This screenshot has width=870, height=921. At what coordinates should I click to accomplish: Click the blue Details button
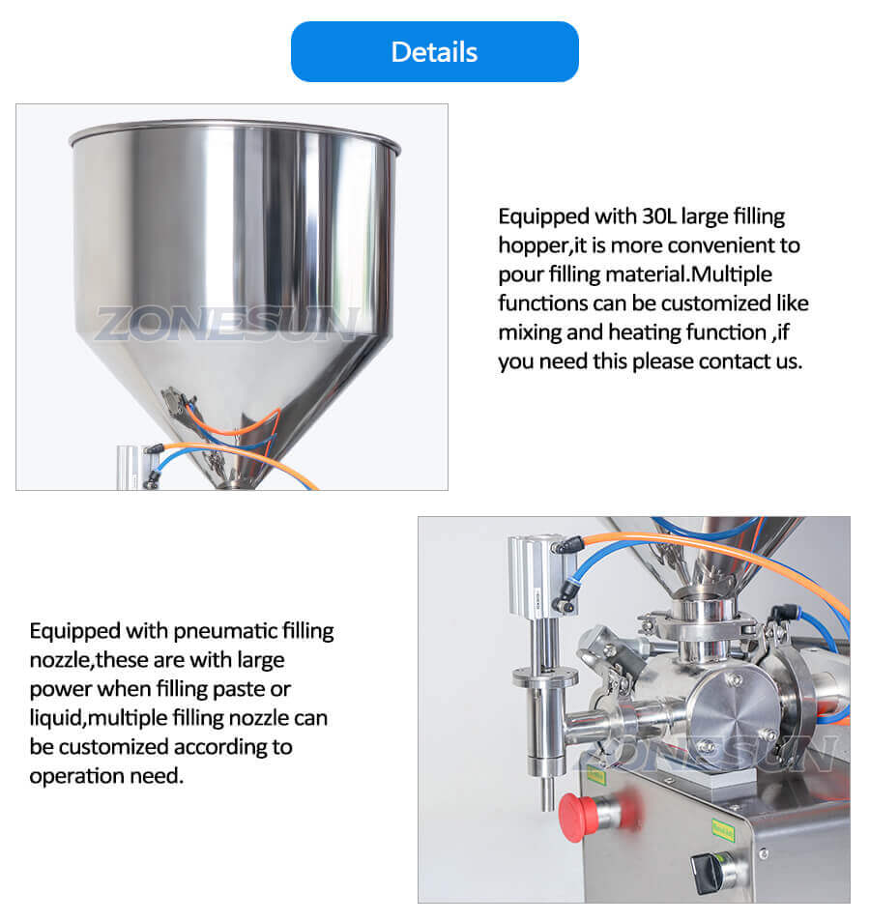[x=434, y=51]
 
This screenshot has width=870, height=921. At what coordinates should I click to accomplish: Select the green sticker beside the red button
[x=595, y=775]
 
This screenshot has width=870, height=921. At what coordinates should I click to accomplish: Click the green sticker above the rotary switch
[x=724, y=827]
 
